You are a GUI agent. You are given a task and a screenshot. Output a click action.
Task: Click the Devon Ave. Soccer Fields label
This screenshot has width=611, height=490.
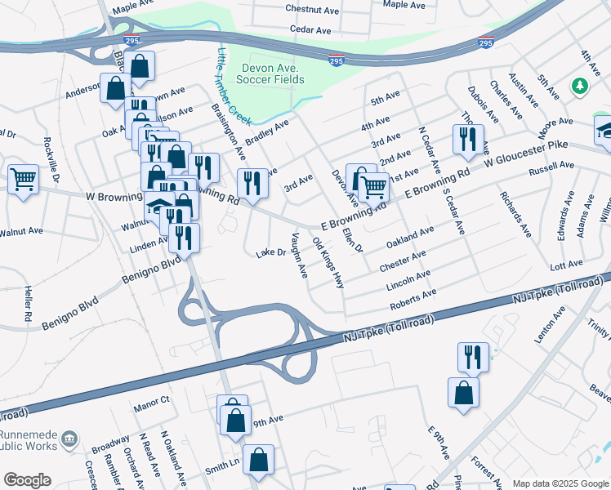[270, 73]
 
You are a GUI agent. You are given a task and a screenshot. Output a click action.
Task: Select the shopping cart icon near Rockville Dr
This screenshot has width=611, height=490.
[24, 178]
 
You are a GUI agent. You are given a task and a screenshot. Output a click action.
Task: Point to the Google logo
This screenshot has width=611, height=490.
[27, 479]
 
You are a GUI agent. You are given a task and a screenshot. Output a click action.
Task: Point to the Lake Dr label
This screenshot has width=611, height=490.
[270, 252]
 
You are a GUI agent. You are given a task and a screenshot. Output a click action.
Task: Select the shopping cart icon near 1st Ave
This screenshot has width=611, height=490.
[374, 186]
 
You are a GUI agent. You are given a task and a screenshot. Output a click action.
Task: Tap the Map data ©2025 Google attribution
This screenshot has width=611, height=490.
[560, 483]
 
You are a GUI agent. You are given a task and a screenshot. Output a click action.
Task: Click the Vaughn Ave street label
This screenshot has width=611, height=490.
[299, 254]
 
